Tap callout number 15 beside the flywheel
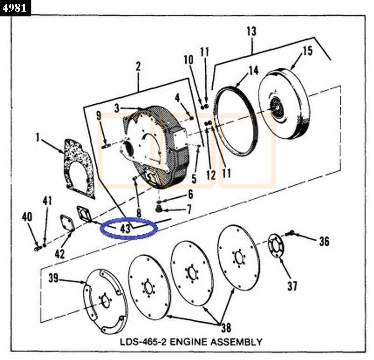click(307, 51)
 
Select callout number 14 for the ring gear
click(253, 71)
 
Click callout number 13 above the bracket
click(251, 31)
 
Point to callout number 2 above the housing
click(138, 66)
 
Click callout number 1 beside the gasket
click(37, 137)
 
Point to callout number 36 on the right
click(324, 241)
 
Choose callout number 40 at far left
click(27, 216)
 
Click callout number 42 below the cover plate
click(59, 254)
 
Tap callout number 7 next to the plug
click(189, 209)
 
